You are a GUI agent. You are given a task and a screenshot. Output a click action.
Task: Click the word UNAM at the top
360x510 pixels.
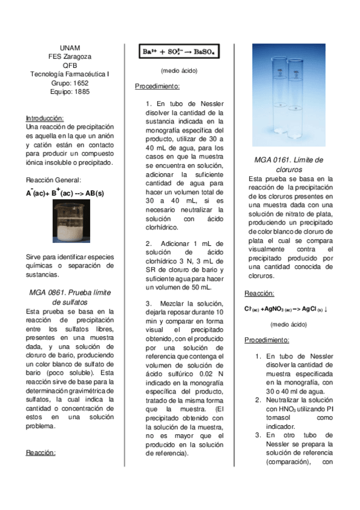click(70, 48)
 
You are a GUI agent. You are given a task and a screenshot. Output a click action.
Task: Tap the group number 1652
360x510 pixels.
click(81, 83)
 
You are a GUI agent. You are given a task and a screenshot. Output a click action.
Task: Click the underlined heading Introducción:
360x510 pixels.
click(44, 118)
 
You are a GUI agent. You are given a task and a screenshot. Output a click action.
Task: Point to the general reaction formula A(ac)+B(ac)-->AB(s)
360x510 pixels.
click(65, 192)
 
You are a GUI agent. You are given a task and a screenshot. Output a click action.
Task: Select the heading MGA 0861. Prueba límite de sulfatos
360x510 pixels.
click(70, 296)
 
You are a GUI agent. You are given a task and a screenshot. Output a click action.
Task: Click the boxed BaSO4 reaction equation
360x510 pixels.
click(179, 52)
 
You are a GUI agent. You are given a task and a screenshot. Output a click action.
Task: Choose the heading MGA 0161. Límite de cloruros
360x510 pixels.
click(288, 164)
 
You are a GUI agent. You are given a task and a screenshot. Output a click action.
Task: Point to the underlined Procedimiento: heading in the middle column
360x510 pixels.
click(157, 86)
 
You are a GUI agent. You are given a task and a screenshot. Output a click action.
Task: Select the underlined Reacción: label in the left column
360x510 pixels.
click(41, 452)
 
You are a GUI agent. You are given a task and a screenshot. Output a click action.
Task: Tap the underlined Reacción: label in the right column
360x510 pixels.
click(259, 293)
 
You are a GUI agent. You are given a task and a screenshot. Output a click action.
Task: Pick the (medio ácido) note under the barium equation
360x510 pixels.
click(179, 71)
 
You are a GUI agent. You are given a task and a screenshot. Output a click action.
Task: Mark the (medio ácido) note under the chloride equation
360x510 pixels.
click(288, 324)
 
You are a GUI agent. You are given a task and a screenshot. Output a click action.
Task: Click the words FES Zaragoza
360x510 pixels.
click(70, 57)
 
